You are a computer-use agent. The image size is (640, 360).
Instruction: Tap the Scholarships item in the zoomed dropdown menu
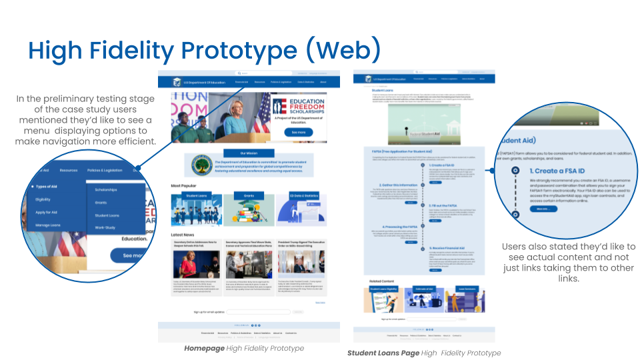pos(106,190)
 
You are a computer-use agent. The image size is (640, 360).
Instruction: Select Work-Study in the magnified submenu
pos(105,228)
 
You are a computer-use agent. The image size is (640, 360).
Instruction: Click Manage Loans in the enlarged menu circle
pos(48,227)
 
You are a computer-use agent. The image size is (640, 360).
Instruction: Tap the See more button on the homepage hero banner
pos(298,132)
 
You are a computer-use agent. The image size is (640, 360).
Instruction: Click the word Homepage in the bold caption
pos(204,348)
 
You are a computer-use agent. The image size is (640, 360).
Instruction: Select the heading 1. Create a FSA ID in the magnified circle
pos(561,171)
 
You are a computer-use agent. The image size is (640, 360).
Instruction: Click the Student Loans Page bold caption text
pos(383,353)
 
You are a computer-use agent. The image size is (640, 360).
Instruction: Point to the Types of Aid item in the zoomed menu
pos(50,187)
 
